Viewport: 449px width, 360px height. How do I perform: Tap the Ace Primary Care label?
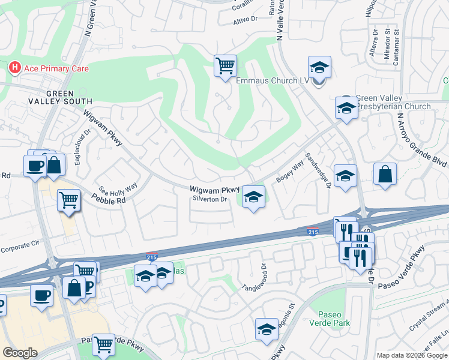(x=56, y=69)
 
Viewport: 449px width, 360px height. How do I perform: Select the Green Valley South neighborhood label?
(x=60, y=97)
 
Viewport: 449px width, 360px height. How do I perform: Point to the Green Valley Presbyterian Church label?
(x=393, y=103)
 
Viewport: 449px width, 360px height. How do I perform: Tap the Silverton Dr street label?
(x=209, y=199)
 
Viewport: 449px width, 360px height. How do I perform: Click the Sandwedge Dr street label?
(x=318, y=170)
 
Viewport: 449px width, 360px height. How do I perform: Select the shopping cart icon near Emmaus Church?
(x=225, y=66)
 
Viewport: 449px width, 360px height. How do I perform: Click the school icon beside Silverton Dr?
(x=253, y=197)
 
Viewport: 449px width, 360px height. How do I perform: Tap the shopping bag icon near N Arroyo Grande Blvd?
(x=384, y=175)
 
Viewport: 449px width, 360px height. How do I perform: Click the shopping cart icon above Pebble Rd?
(x=69, y=200)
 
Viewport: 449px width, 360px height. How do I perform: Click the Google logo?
(x=20, y=353)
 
